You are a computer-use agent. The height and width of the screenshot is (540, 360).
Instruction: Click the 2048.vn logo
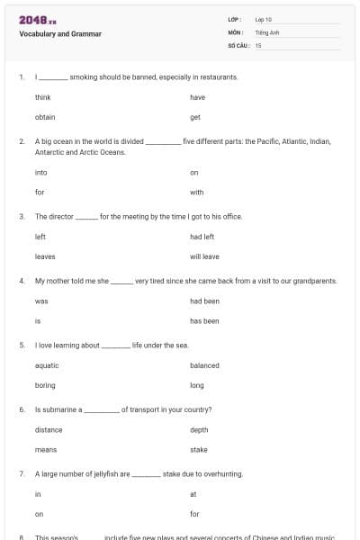coord(37,20)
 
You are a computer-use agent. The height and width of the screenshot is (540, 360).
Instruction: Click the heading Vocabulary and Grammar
coord(60,34)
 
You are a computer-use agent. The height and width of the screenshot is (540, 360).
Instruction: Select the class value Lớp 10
coord(263,19)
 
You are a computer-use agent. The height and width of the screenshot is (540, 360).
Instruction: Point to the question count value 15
coord(258,44)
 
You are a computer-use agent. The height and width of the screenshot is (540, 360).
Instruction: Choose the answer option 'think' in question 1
coord(43,96)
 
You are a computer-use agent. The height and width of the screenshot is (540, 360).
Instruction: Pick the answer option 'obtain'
coord(45,117)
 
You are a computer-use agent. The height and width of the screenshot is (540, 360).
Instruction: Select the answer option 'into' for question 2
coord(41,172)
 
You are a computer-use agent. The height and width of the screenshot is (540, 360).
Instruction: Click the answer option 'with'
coord(197,192)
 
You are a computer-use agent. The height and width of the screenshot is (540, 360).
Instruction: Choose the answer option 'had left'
coord(202,237)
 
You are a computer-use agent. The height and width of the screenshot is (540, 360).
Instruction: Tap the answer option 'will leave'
coord(203,256)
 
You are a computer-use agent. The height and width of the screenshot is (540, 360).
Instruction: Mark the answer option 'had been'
coord(204,301)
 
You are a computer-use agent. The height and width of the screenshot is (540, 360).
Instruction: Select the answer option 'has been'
coord(204,320)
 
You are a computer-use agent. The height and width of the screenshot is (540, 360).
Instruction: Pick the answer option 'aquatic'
coord(47,365)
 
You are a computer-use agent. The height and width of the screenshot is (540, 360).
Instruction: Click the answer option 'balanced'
coord(204,365)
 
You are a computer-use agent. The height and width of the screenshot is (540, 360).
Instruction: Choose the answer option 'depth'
coord(199,429)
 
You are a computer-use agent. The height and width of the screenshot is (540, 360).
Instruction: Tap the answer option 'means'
coord(46,449)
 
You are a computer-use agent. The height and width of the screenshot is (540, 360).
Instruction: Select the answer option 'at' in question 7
coord(193,494)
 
